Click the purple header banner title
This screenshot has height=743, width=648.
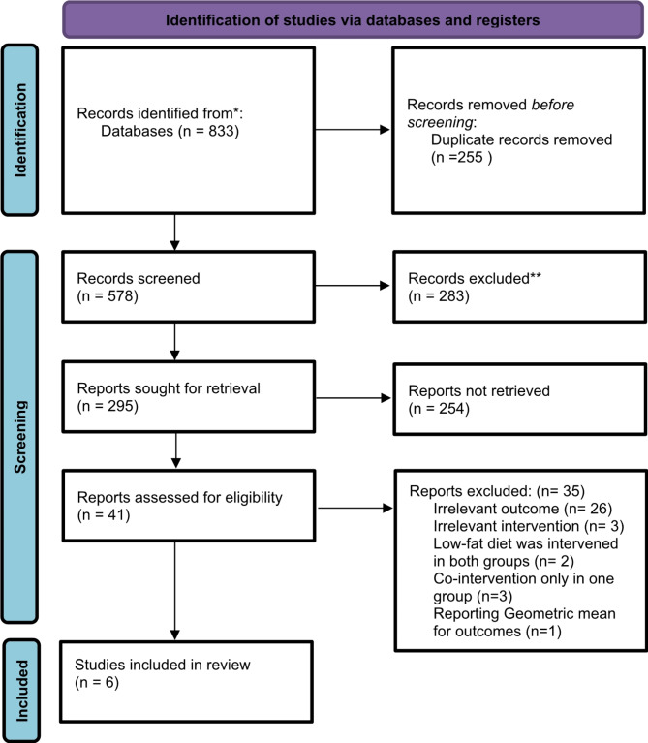tap(353, 20)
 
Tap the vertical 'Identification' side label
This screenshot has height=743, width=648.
tap(20, 131)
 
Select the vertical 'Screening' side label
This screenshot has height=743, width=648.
tap(20, 437)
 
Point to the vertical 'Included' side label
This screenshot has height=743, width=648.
tap(21, 691)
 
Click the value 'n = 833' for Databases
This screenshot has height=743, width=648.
tap(209, 131)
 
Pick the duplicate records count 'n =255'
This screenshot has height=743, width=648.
tap(459, 157)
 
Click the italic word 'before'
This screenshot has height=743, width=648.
tap(553, 105)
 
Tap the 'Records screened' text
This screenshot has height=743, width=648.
tap(139, 278)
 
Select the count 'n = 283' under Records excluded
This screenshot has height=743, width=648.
tap(439, 296)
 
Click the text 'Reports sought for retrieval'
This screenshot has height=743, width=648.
tap(169, 388)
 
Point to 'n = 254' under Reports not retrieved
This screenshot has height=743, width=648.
tap(439, 408)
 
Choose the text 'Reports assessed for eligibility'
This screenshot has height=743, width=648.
tap(179, 497)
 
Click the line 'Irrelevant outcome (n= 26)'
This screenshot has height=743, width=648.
tap(523, 509)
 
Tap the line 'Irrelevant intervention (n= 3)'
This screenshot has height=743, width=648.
tap(529, 526)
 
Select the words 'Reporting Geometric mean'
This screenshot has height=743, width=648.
tap(524, 613)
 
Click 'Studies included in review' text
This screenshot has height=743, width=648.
tap(163, 665)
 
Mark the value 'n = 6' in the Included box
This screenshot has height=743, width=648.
tap(97, 682)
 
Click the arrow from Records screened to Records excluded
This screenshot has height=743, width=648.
tap(353, 285)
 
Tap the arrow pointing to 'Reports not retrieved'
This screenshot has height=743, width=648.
tap(353, 398)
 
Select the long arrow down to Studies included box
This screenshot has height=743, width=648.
tap(174, 591)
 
